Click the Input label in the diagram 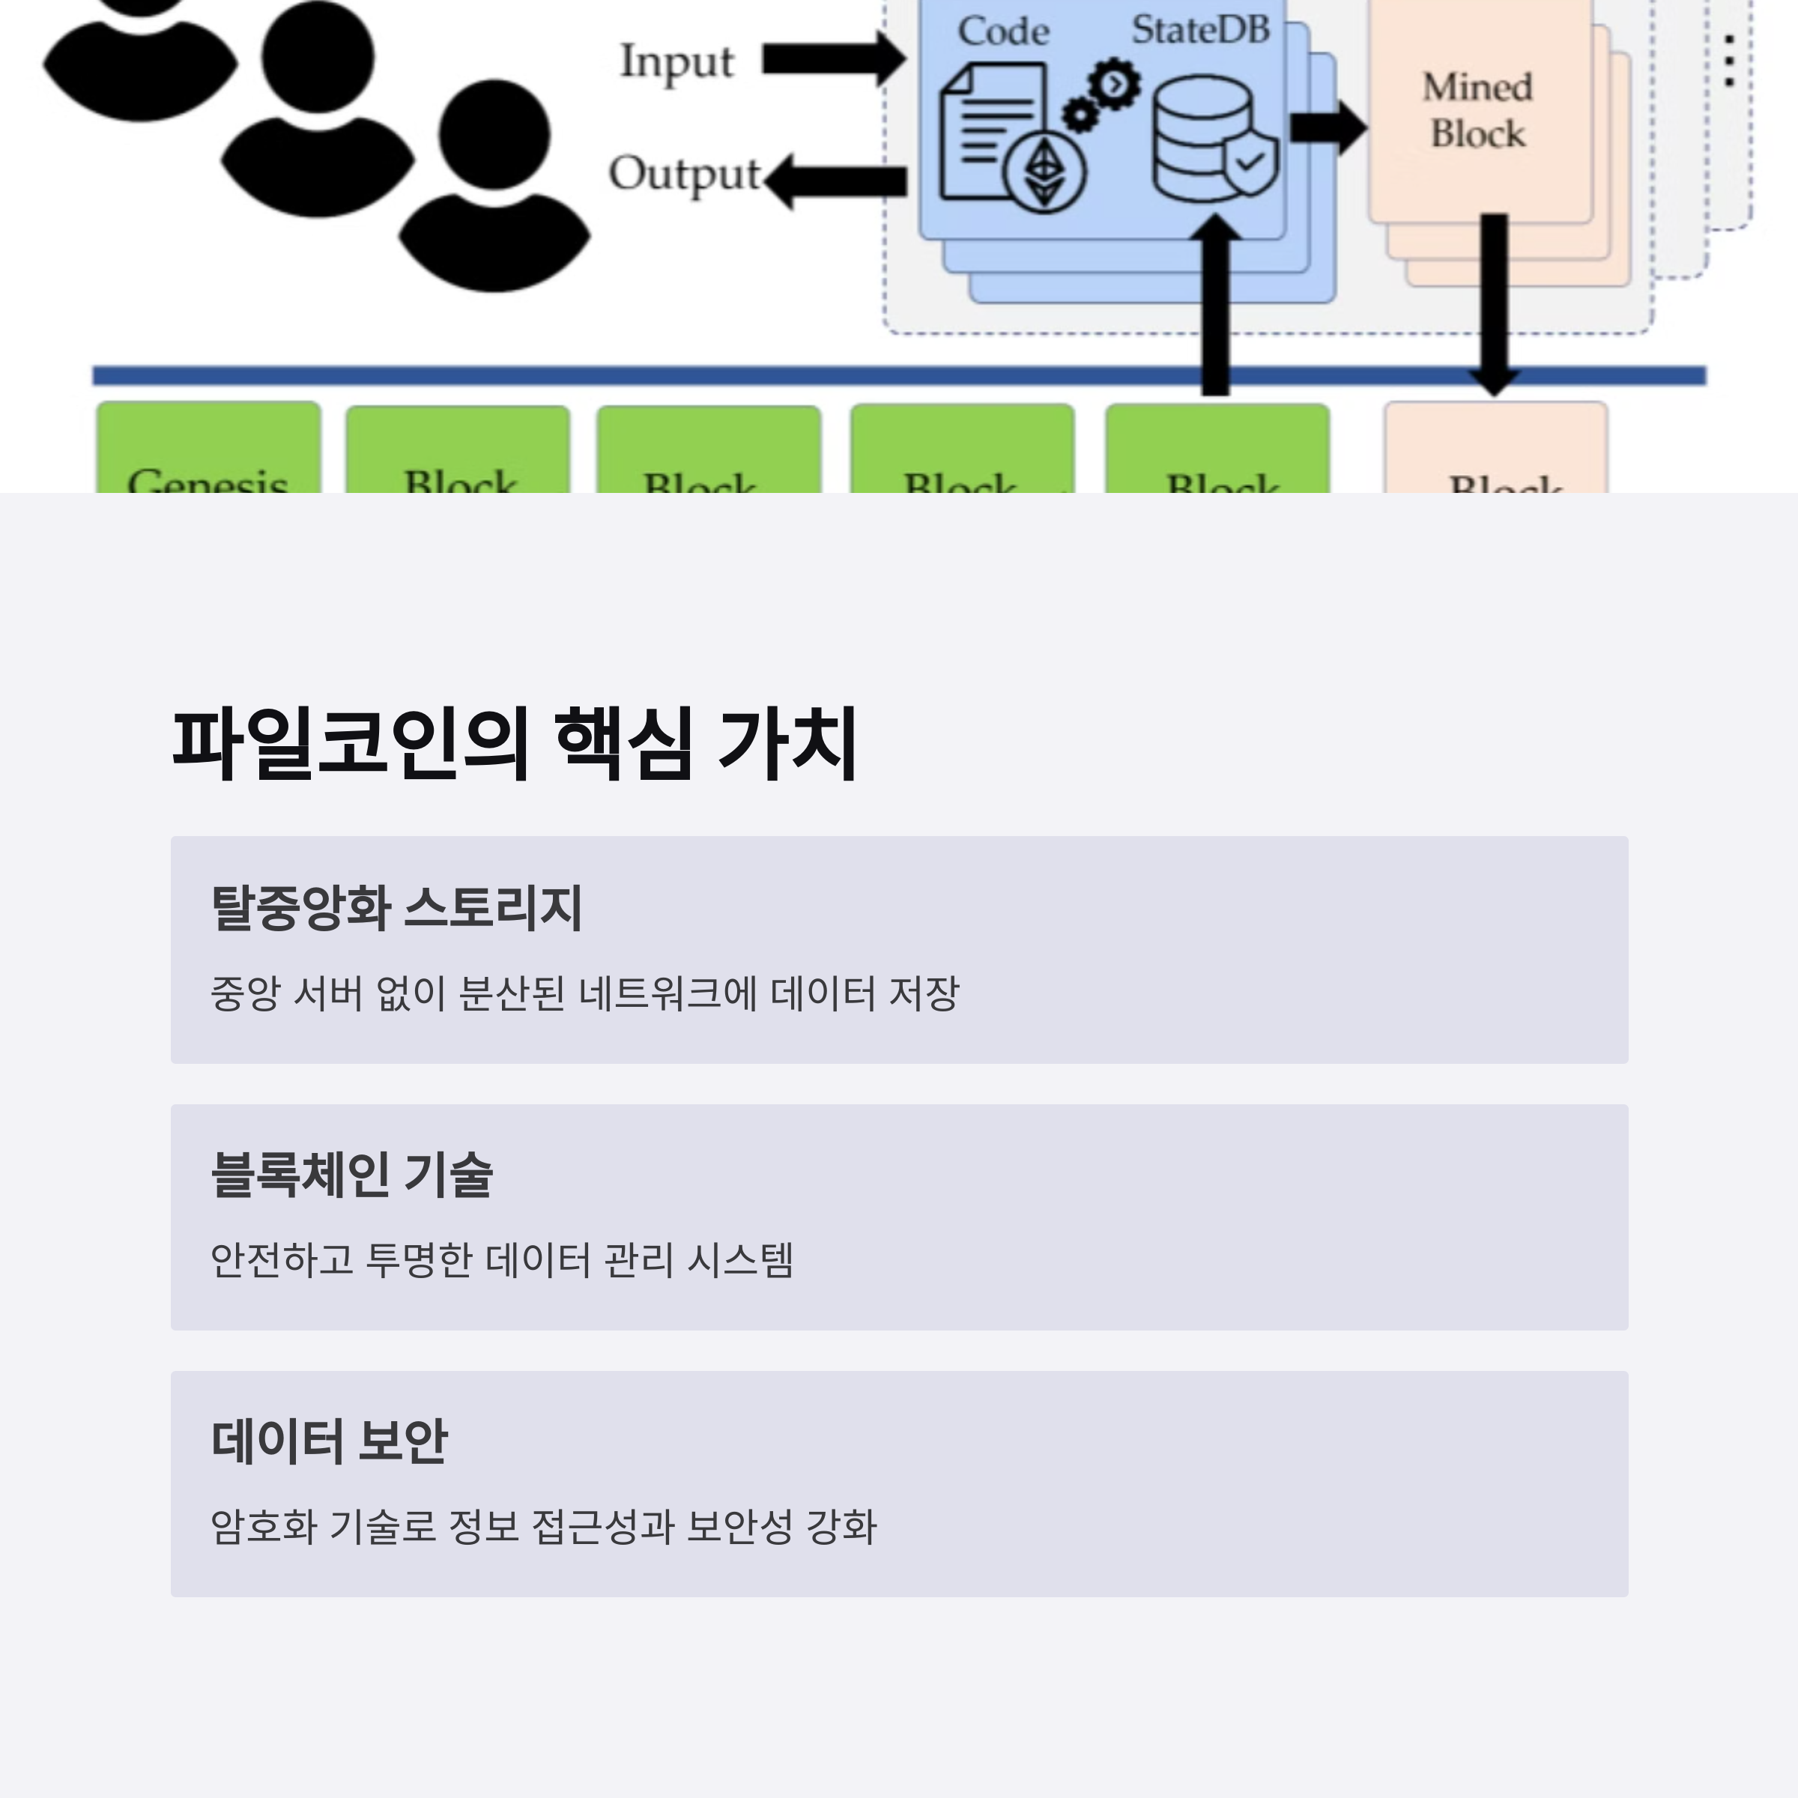coord(676,63)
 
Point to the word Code coord(1003,31)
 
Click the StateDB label coord(1200,30)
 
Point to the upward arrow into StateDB coord(1215,307)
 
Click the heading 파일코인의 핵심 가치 coord(515,744)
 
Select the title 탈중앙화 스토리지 coord(396,907)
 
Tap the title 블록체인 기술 coord(352,1175)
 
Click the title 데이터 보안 coord(330,1441)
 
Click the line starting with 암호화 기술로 coord(543,1526)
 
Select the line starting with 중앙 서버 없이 coord(584,993)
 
